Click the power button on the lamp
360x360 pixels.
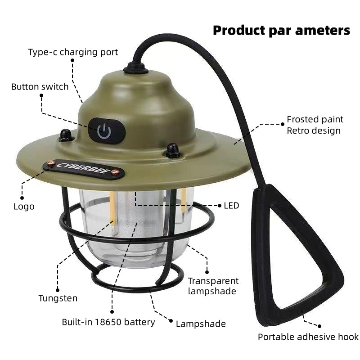pos(105,131)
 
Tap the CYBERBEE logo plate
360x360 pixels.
pos(83,168)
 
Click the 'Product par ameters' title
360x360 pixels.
pos(281,30)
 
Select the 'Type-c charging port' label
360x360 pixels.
pos(73,52)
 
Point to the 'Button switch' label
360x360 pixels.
pos(40,87)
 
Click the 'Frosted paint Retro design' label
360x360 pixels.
pos(315,125)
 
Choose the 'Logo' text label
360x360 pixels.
pos(24,207)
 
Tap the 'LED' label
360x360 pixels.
pos(231,206)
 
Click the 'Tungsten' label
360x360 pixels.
pos(58,298)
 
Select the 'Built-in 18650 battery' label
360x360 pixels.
pos(108,322)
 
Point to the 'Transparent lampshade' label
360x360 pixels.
pos(213,286)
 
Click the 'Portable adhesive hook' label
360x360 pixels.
pos(308,337)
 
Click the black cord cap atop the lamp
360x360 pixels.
pos(135,68)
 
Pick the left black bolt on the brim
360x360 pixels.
pos(66,135)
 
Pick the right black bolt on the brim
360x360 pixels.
pos(172,150)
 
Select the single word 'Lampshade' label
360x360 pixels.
pos(201,324)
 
